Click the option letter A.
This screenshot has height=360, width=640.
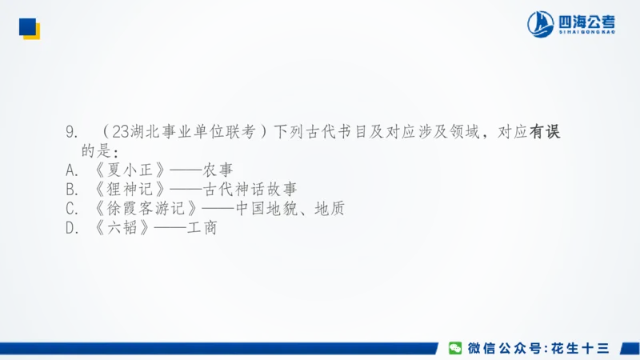[70, 170]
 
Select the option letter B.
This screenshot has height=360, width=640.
[70, 190]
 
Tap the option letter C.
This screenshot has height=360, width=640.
[70, 209]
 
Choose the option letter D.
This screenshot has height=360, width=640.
[70, 228]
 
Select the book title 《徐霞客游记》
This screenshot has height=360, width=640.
[144, 209]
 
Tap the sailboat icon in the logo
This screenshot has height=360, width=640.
[541, 24]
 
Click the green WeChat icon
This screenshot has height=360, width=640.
[455, 348]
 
